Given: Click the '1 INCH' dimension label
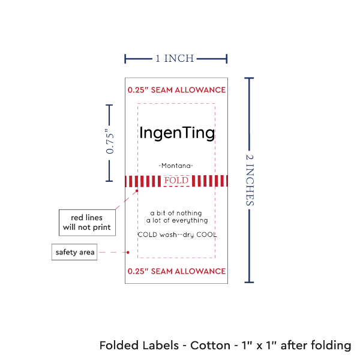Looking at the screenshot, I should [x=175, y=58].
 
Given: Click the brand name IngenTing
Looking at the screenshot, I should [x=176, y=133].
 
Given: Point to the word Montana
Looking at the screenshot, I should [x=176, y=165].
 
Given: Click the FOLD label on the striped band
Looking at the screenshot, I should [x=176, y=180].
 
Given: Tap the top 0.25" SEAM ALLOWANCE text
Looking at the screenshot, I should [x=176, y=90].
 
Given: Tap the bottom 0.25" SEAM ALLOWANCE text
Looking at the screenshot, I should [x=176, y=272].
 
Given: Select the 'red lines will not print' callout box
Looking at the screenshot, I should [x=87, y=222].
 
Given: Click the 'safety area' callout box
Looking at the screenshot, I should [x=74, y=252].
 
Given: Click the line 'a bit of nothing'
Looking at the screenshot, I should [x=176, y=213].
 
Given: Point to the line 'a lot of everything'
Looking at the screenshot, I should [x=176, y=220].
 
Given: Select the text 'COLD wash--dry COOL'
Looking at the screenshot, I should [x=176, y=234].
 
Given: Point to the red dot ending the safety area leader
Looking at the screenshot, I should [x=128, y=252].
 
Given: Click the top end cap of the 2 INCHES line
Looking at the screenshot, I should [x=250, y=78].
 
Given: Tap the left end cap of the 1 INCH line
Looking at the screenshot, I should [x=125, y=58].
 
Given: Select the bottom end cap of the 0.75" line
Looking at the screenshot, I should [x=109, y=180].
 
